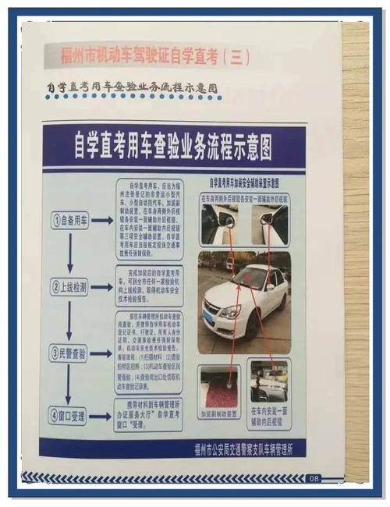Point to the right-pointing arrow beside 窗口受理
101,415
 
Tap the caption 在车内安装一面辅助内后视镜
270,413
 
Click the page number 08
314,477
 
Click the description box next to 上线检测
150,285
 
